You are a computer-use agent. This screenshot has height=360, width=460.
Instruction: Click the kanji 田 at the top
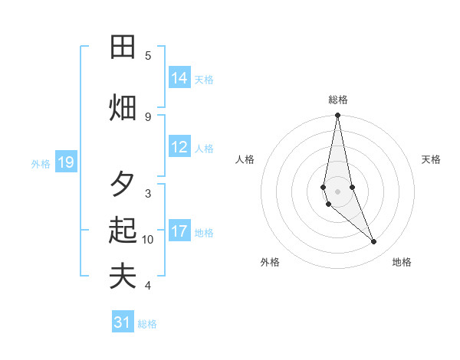(123, 47)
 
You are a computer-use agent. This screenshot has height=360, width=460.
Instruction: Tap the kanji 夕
(123, 183)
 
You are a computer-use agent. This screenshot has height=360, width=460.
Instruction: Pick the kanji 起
(123, 230)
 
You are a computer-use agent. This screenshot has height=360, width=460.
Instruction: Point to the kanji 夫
(123, 276)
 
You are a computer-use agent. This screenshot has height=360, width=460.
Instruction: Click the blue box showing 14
(179, 78)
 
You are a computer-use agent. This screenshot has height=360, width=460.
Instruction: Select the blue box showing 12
(179, 148)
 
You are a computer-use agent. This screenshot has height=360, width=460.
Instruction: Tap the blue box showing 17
(179, 232)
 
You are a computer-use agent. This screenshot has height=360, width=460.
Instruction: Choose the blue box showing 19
(66, 162)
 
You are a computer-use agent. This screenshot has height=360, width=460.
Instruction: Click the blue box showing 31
(123, 322)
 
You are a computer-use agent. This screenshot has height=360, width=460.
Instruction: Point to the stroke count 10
(148, 240)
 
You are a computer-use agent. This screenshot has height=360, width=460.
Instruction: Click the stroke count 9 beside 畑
(148, 116)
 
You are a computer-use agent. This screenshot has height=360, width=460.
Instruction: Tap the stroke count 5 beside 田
(148, 55)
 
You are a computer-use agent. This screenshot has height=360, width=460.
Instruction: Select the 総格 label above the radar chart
(337, 100)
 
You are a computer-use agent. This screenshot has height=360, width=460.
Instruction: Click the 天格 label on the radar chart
(431, 159)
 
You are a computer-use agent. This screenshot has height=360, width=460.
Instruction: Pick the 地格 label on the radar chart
(402, 262)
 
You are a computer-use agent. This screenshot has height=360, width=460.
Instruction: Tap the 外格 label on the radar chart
(270, 262)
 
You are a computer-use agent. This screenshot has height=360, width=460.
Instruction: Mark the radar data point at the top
(337, 116)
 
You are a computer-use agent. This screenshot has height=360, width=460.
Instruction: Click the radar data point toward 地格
(374, 242)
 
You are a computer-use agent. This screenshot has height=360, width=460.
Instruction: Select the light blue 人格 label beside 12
(204, 149)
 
